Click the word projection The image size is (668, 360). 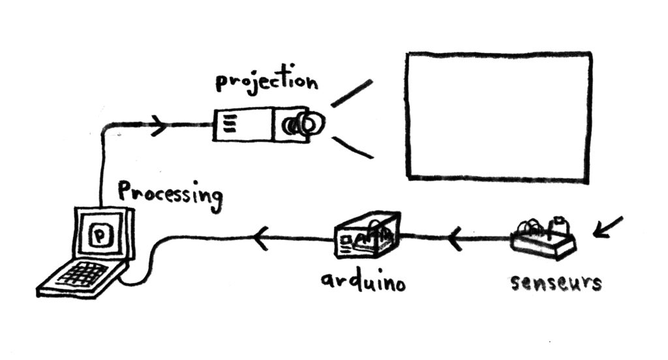(266, 83)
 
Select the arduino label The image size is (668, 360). (363, 282)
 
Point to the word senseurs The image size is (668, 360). (555, 282)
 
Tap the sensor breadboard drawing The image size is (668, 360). (543, 236)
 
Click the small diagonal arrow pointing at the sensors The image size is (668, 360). (607, 226)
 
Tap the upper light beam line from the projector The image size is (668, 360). (352, 93)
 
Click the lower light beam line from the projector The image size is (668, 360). (352, 147)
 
